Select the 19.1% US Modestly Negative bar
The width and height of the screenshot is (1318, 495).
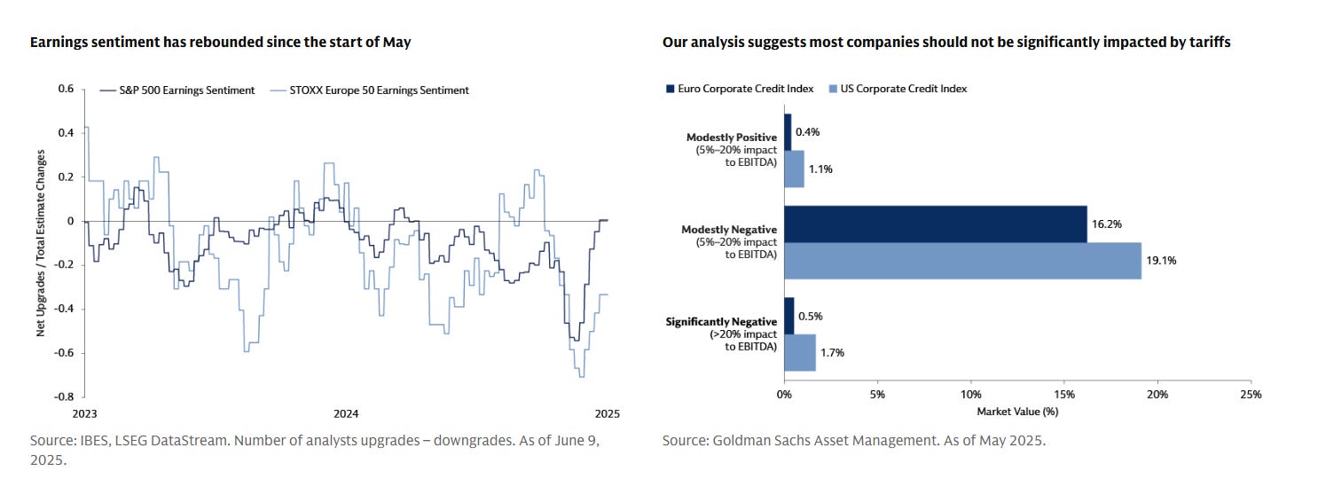962,261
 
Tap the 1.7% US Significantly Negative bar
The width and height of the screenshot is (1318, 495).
799,352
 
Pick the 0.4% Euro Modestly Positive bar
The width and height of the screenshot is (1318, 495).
788,131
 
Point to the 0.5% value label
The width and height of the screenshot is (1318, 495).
809,316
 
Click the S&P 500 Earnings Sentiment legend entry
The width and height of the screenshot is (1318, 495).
177,90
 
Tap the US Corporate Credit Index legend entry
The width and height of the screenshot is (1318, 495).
897,89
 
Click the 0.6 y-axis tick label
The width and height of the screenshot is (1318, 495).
66,89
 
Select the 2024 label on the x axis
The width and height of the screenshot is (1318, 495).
346,413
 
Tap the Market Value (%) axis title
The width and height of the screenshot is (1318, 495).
1017,412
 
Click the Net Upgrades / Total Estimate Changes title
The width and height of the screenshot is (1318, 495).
41,242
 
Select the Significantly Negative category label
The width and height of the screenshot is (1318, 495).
722,321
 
